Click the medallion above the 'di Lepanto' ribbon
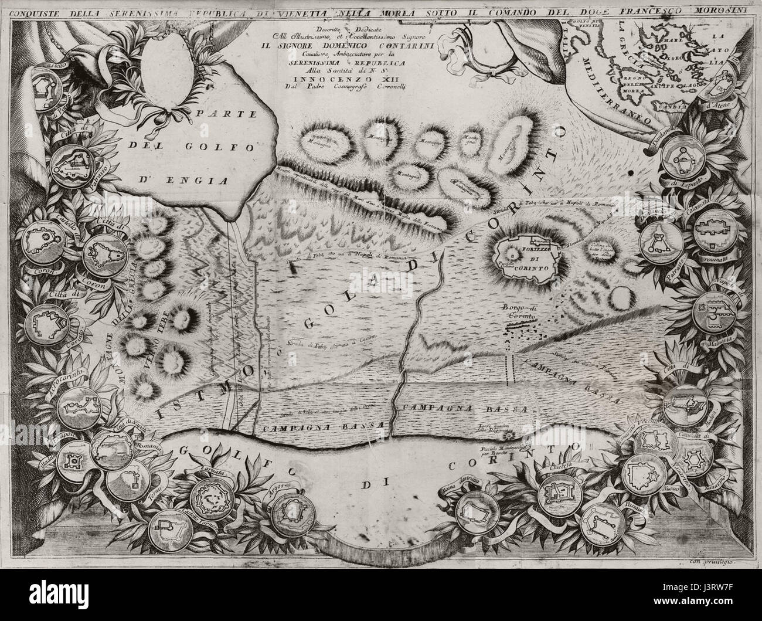pyautogui.click(x=682, y=159)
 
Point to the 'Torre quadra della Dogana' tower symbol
pyautogui.click(x=509, y=436)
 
